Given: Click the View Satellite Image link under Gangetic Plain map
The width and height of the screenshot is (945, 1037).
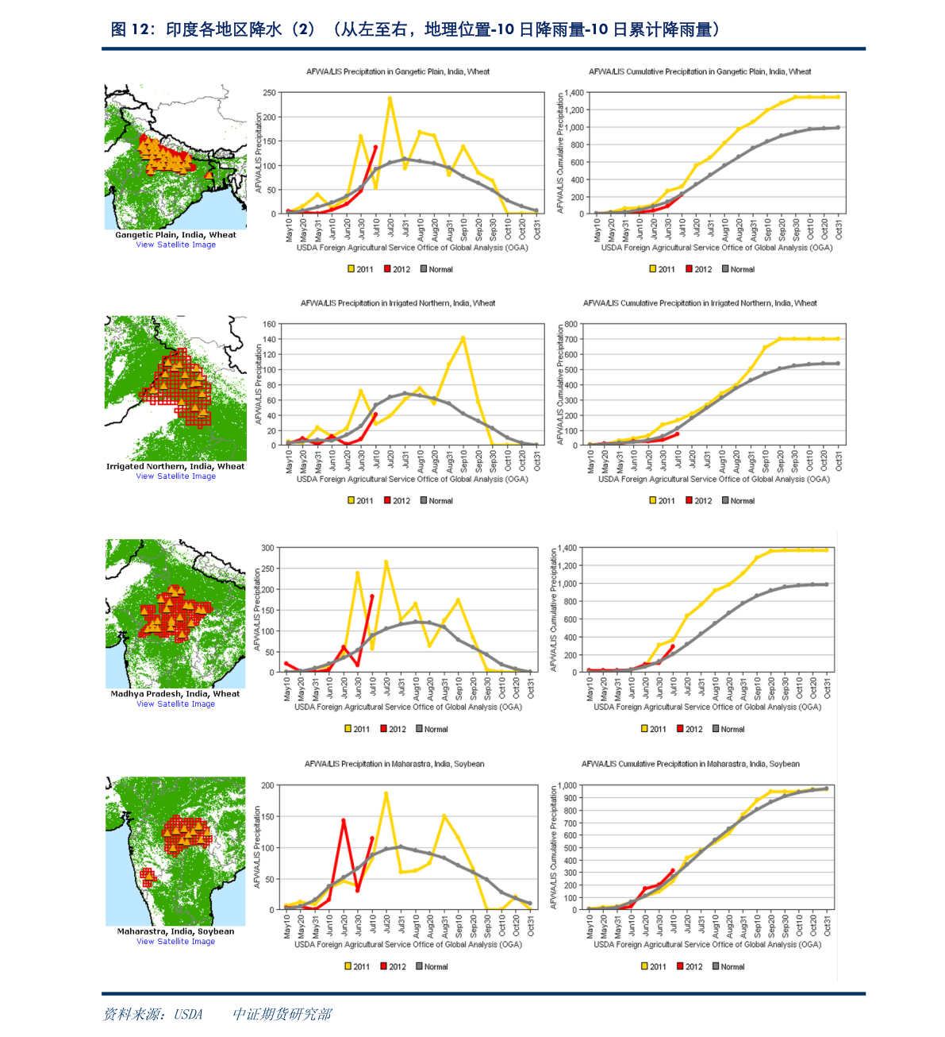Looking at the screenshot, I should point(175,245).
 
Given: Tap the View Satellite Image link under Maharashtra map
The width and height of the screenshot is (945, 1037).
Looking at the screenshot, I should point(175,942).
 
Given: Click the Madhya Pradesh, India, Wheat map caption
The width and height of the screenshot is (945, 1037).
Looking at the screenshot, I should point(175,694).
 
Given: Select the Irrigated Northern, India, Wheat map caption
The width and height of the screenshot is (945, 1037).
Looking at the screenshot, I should point(175,467).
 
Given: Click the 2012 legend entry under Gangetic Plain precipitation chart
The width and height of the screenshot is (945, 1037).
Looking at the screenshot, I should point(397,269).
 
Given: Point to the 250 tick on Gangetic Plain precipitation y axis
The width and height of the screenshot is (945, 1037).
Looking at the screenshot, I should point(270,93).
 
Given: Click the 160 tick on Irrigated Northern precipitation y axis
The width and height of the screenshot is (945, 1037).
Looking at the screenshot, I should point(270,324).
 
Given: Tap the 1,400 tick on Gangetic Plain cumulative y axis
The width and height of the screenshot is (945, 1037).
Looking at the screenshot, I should point(574,93).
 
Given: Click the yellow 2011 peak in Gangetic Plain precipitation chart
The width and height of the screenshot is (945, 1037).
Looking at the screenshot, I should point(390,98).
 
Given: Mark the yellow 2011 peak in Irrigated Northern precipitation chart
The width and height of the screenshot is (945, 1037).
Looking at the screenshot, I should point(463,338).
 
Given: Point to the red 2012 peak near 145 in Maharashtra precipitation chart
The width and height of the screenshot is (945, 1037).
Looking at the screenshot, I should point(344,820).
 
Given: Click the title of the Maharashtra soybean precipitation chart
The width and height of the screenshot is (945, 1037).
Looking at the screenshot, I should point(394,764).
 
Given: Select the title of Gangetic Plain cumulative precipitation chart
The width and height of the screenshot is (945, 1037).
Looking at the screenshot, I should point(700,71).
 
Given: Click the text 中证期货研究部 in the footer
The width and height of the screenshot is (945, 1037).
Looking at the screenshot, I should point(282,1014).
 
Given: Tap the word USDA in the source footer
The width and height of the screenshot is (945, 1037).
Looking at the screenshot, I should point(189,1014).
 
